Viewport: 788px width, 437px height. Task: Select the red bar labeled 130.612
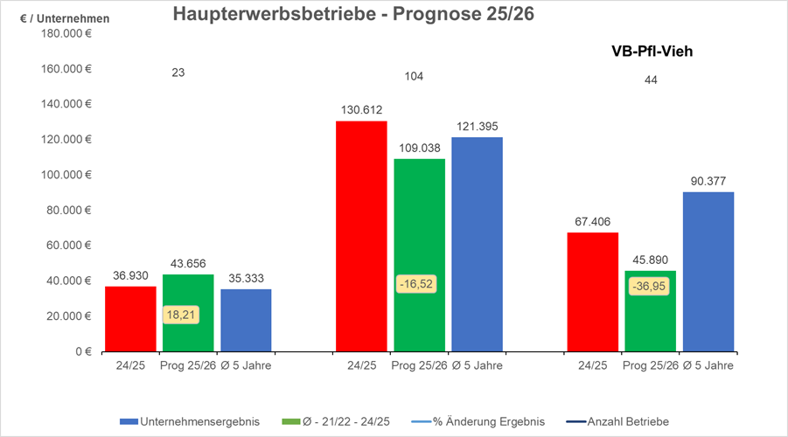click(x=361, y=236)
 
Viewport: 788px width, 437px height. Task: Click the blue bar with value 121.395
click(x=477, y=245)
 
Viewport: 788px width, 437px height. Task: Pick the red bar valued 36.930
click(x=130, y=319)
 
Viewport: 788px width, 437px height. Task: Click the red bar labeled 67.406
click(x=592, y=292)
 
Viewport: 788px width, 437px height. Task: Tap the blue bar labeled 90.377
click(x=708, y=272)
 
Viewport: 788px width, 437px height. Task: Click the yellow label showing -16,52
click(x=415, y=284)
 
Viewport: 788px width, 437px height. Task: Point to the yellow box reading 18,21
click(x=181, y=314)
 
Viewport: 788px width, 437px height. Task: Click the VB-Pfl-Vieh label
click(x=652, y=52)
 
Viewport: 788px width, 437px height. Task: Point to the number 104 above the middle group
click(x=414, y=77)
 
